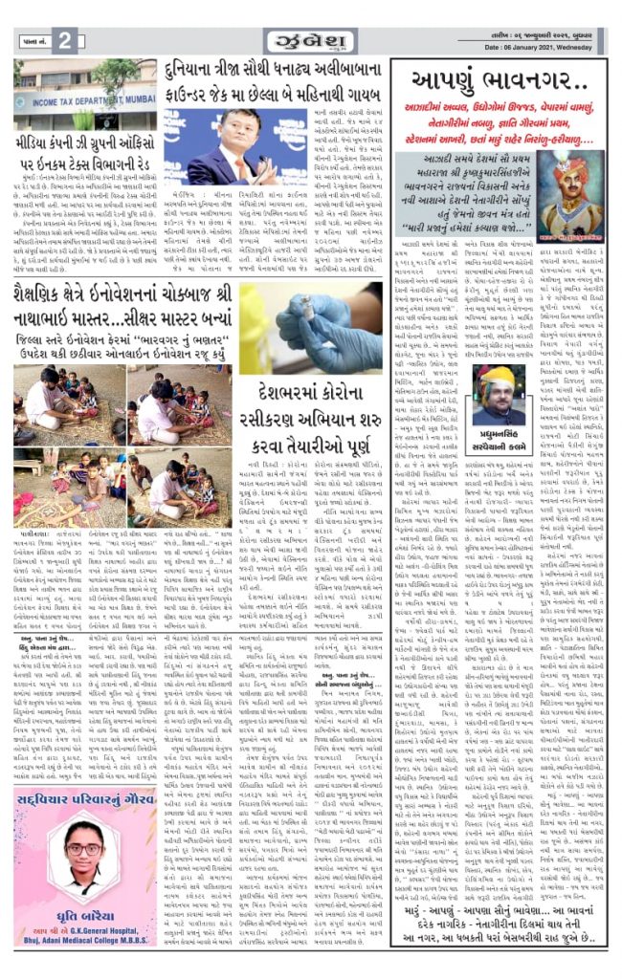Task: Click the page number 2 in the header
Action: point(64,41)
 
